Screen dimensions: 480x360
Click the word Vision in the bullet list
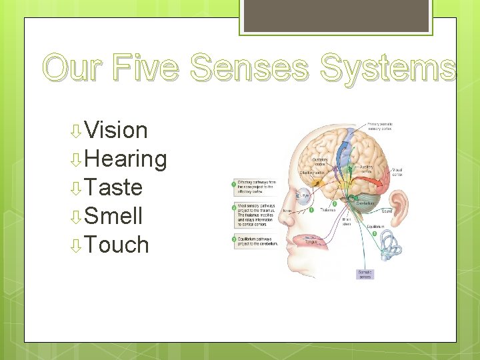[116, 130]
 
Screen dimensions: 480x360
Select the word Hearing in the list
[126, 159]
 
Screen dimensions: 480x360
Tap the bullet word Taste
[113, 187]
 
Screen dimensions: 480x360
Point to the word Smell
[113, 216]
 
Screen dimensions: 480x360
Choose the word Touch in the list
[117, 245]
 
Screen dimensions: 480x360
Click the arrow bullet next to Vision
[77, 131]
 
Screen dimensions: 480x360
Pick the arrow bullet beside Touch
[77, 246]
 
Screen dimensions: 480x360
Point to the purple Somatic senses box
[366, 273]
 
